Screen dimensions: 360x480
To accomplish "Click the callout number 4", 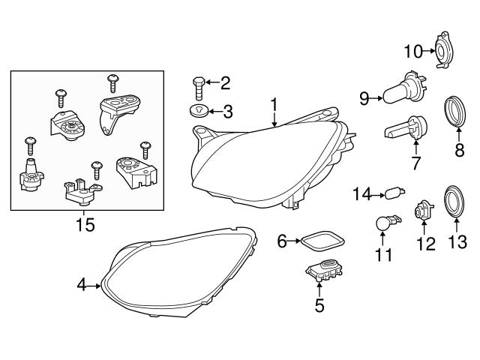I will coord(81,284).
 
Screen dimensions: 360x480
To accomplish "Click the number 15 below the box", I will coord(85,225).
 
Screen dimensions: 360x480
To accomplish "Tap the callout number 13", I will coord(457,241).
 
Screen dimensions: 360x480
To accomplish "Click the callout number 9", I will coord(364,97).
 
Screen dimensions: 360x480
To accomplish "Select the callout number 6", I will coord(283,241).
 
